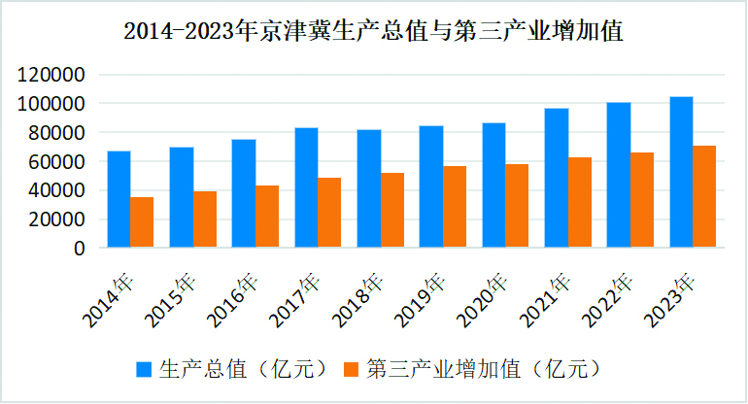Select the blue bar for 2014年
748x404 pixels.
pos(119,199)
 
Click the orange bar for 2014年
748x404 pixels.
pos(142,222)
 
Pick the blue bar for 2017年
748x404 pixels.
pos(306,187)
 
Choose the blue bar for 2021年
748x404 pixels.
pos(557,178)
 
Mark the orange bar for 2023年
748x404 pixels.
pos(704,197)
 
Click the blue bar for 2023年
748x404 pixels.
pos(681,172)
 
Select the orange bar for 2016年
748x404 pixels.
pos(267,217)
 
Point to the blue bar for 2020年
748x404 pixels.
pos(493,185)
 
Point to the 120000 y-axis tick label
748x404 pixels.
pos(52,75)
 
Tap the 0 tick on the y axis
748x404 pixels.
pos(80,249)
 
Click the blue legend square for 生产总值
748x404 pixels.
pos(145,369)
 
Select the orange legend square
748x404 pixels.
pos(352,369)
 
